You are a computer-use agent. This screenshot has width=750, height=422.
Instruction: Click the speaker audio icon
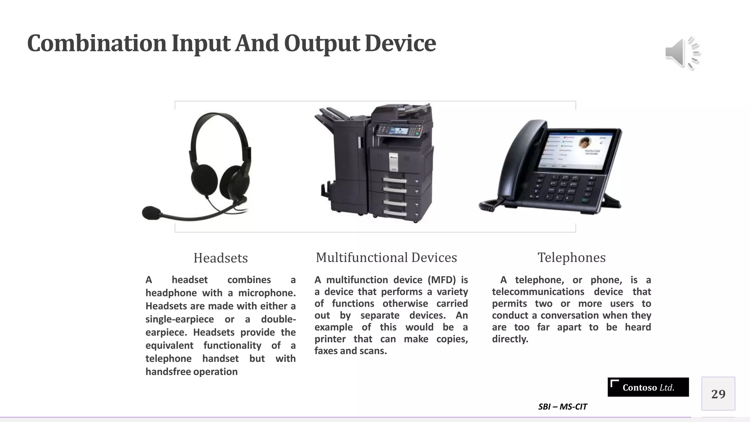[x=682, y=53]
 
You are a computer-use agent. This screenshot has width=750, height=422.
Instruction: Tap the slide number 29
[x=718, y=394]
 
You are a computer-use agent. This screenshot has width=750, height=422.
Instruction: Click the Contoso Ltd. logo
[x=648, y=387]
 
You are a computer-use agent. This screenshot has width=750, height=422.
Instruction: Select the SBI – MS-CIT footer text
[x=562, y=407]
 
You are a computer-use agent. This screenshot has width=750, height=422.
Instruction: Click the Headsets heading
[x=220, y=258]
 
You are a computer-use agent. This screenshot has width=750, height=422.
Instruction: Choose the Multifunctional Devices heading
[x=386, y=258]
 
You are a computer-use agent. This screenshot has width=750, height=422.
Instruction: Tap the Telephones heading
[x=571, y=258]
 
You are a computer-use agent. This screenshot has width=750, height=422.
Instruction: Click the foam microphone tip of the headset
[x=151, y=213]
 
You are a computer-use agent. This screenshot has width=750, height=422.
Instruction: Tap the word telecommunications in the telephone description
[x=538, y=292]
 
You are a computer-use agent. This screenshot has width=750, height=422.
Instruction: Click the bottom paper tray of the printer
[x=396, y=212]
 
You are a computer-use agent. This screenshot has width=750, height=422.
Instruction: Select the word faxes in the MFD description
[x=325, y=351]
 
